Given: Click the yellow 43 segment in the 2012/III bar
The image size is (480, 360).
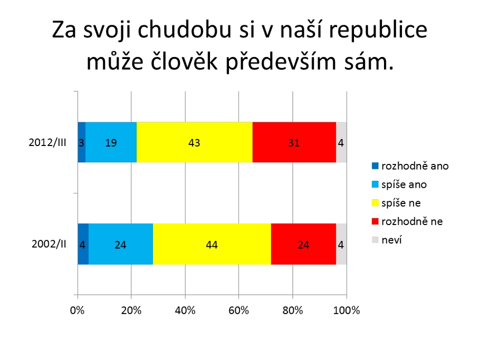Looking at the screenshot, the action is point(195,142).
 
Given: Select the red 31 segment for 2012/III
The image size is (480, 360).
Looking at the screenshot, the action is point(294,142).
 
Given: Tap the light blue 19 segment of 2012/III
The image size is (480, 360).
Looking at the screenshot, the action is point(111,142).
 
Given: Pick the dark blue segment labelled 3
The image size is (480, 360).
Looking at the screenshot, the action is point(81,142).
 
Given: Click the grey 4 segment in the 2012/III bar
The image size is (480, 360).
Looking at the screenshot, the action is point(341,142).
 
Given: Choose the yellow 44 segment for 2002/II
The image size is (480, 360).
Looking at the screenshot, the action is point(212,244).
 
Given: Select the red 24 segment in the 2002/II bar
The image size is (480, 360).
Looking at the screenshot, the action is point(304,244).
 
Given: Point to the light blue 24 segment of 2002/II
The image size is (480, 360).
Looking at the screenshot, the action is point(121,244).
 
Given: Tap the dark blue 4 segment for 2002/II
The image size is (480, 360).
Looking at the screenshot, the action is point(83,244).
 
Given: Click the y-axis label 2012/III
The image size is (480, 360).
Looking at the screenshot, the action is point(47,142).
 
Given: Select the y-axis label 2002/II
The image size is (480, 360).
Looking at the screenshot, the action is point(49,244).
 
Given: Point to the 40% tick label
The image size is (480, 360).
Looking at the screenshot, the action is point(185,310).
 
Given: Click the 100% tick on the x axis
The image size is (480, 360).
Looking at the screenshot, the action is point(346,310).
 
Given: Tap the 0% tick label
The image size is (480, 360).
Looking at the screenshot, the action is point(77,310).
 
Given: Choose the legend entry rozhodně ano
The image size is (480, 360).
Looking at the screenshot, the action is point(410,166).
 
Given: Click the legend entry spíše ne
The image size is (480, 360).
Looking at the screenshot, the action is point(396,203).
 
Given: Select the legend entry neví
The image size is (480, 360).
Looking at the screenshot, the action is point(387,240).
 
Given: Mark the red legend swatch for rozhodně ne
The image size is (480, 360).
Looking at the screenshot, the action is point(375,221).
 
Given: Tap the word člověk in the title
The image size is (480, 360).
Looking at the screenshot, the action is point(184,61).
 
